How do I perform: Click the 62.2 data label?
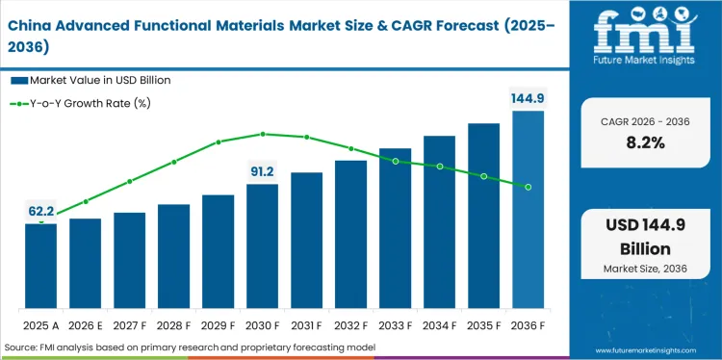[40, 209]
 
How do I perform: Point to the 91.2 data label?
[262, 170]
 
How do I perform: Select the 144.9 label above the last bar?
[528, 97]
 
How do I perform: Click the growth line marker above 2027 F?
[129, 181]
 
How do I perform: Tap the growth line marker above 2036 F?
[528, 187]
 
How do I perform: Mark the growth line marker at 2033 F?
[395, 161]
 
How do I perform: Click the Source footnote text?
[190, 347]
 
